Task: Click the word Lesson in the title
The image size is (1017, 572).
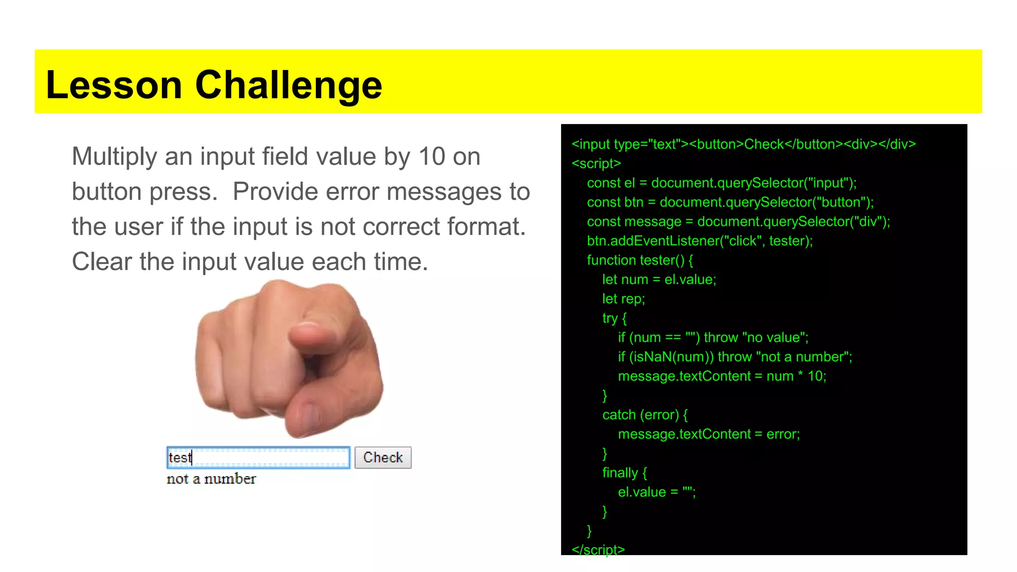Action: click(114, 85)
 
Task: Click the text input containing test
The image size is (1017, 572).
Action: click(258, 457)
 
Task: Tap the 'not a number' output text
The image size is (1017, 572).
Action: click(211, 479)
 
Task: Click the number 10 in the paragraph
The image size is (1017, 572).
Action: click(432, 156)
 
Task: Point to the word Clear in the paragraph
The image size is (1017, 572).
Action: click(102, 261)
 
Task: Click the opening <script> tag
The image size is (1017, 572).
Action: click(596, 163)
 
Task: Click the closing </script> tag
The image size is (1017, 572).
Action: click(598, 550)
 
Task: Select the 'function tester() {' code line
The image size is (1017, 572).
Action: click(640, 260)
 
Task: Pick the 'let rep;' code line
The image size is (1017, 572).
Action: click(623, 299)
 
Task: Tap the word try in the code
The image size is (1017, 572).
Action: click(610, 318)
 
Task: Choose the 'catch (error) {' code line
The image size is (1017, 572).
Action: click(645, 415)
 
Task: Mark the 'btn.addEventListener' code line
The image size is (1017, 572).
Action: click(699, 241)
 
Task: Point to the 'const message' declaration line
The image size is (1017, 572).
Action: click(738, 221)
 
